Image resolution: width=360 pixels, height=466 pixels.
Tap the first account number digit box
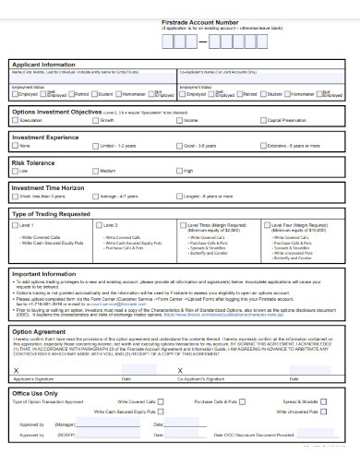pyautogui.click(x=167, y=40)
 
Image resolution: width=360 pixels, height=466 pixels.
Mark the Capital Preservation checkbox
pyautogui.click(x=263, y=120)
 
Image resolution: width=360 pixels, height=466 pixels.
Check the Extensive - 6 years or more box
pyautogui.click(x=263, y=146)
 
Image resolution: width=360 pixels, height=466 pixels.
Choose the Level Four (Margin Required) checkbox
pyautogui.click(x=266, y=224)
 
